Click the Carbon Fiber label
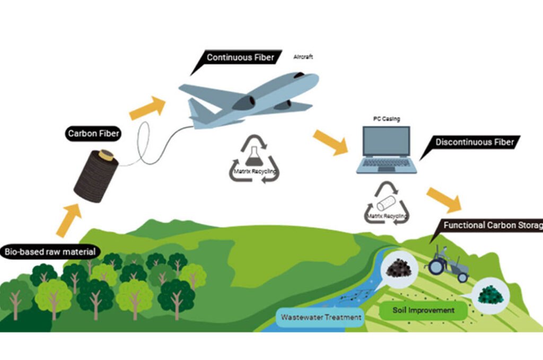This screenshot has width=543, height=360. [x=93, y=134]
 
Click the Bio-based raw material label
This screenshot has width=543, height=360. [x=50, y=252]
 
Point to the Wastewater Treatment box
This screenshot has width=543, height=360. [x=321, y=317]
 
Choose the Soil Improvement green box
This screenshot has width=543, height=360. [x=423, y=310]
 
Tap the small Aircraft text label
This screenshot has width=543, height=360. [x=303, y=57]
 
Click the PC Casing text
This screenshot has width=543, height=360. [x=387, y=119]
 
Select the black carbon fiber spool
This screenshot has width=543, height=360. [x=96, y=175]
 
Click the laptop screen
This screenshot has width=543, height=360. [x=387, y=141]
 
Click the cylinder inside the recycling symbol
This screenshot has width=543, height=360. [x=386, y=203]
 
